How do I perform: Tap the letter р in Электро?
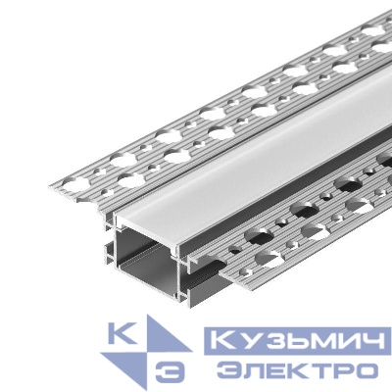(339, 371)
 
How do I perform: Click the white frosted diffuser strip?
(245, 147)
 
